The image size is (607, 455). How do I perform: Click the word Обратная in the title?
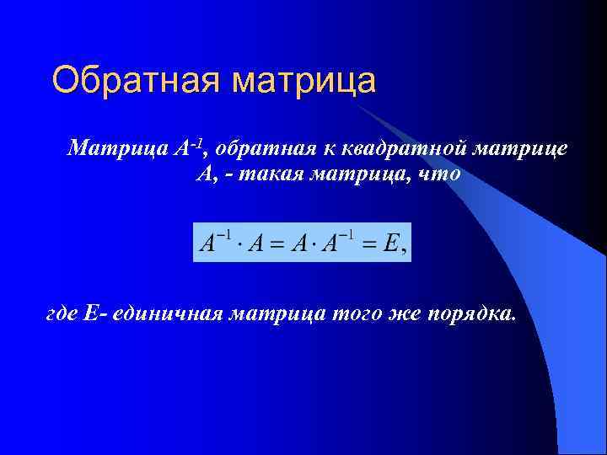(136, 81)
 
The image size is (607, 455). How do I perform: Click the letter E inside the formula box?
(389, 244)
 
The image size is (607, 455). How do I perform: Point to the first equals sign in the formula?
(275, 244)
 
